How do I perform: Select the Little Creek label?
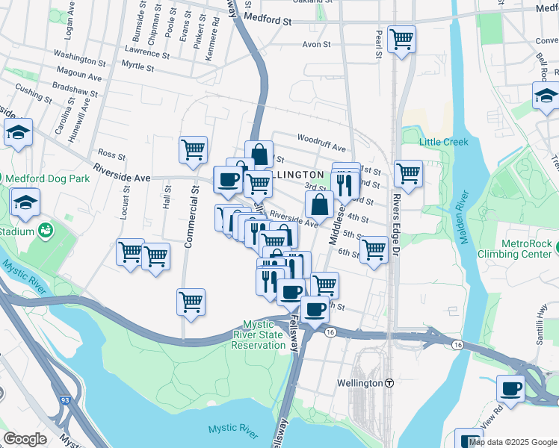click(x=443, y=142)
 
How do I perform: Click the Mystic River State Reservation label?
click(x=264, y=335)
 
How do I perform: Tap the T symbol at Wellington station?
click(x=389, y=383)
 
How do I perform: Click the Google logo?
click(x=25, y=439)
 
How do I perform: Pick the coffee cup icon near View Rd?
click(x=511, y=388)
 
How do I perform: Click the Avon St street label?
click(x=316, y=45)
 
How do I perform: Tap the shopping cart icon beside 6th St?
click(x=374, y=249)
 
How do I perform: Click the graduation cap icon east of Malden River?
click(x=546, y=96)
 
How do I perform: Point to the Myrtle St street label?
click(x=137, y=67)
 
